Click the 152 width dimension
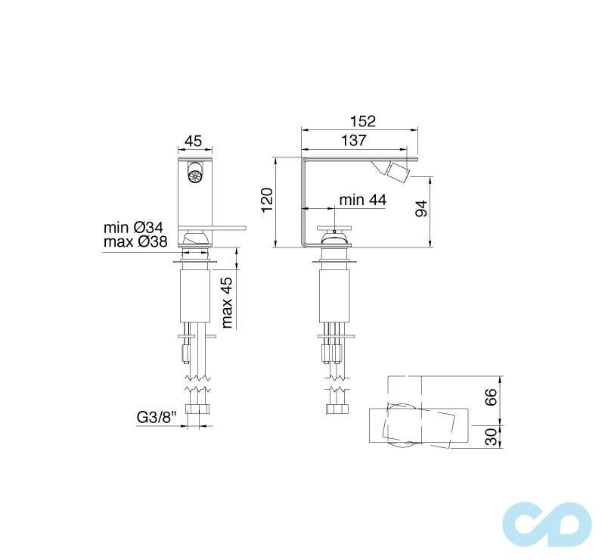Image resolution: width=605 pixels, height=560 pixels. tap(363, 121)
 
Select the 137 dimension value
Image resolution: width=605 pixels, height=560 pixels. tap(353, 140)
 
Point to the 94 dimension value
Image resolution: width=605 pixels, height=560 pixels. tap(422, 207)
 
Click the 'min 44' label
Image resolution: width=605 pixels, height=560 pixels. tap(362, 199)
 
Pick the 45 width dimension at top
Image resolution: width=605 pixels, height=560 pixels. tap(194, 141)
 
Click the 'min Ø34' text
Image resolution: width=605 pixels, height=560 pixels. tap(134, 227)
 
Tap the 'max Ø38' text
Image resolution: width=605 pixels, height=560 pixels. tap(134, 242)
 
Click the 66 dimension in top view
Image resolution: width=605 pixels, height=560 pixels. tap(491, 397)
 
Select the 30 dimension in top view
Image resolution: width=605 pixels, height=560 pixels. tap(491, 437)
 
